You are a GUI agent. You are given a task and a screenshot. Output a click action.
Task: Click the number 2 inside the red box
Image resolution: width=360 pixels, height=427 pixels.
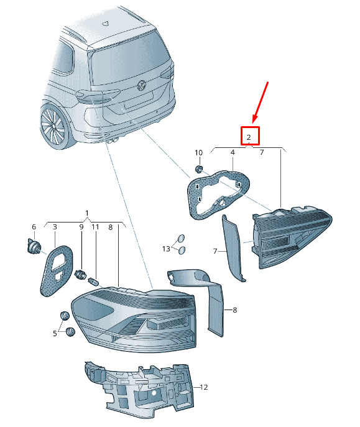(x=249, y=137)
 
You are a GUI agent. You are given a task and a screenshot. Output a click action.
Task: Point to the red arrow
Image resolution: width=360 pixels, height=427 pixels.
(x=261, y=103)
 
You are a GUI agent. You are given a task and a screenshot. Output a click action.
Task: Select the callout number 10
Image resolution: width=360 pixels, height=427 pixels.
(x=199, y=153)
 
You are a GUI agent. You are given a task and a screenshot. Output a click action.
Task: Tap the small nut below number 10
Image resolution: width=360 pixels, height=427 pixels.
(x=200, y=169)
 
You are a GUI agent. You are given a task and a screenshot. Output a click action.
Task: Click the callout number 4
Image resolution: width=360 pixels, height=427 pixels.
(x=233, y=152)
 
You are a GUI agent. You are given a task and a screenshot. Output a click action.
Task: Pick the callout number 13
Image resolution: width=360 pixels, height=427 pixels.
(x=166, y=249)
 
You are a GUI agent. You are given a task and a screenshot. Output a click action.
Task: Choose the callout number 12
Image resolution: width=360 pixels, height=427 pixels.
(x=204, y=387)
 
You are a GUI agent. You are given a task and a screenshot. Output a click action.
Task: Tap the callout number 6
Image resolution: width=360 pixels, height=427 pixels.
(x=34, y=227)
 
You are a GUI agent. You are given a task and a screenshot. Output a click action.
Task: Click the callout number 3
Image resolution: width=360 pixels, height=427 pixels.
(x=55, y=227)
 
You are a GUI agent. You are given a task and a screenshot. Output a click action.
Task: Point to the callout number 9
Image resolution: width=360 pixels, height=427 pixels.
(x=81, y=227)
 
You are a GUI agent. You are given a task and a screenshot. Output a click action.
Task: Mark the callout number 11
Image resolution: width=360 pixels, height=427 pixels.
(x=95, y=227)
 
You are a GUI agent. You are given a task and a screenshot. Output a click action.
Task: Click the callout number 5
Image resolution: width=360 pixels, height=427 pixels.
(x=55, y=333)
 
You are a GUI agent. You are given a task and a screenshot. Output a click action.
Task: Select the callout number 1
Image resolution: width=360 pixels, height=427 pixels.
(x=87, y=213)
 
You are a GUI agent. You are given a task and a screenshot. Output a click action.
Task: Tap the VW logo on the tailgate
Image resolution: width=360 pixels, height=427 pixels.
(x=142, y=85)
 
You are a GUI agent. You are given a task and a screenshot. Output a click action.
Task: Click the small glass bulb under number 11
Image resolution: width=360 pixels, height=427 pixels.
(x=93, y=281)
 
